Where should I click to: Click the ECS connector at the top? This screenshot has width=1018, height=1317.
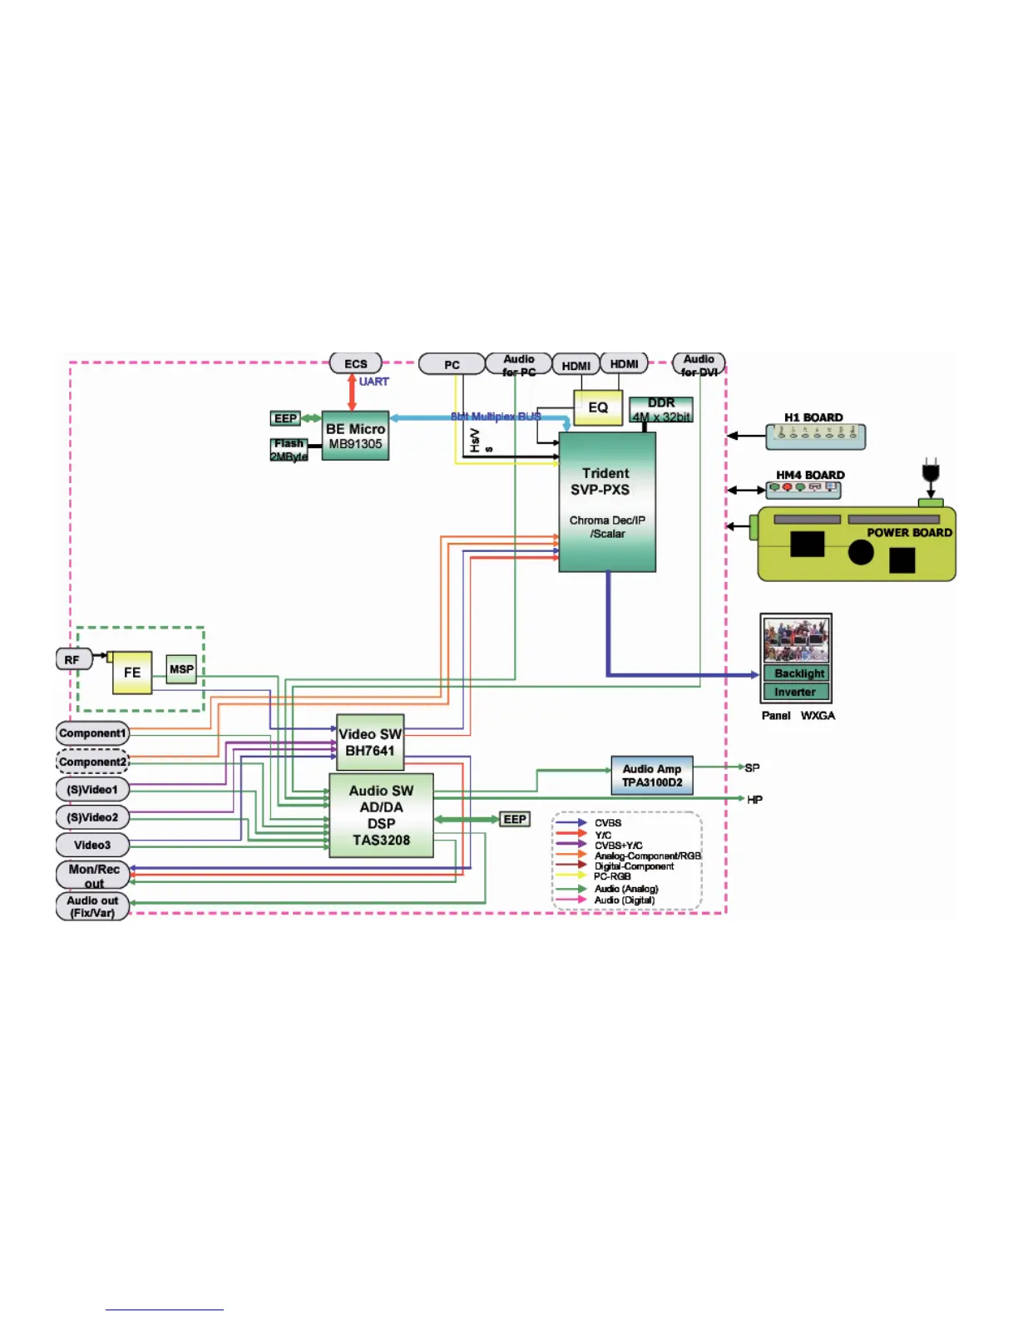(x=356, y=363)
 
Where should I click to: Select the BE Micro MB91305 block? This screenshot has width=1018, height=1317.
(x=355, y=437)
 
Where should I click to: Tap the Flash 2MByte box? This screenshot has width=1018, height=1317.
(x=289, y=450)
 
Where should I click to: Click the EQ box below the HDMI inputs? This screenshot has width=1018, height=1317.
(x=598, y=407)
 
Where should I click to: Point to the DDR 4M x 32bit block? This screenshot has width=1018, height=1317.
(x=661, y=410)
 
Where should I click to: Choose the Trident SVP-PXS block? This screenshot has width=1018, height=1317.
(x=607, y=501)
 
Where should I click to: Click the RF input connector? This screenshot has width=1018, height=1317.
(x=73, y=659)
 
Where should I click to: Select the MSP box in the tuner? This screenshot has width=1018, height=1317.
(x=181, y=669)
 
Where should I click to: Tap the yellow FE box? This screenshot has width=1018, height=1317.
(x=132, y=672)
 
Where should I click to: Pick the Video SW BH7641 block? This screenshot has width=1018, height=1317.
(x=370, y=742)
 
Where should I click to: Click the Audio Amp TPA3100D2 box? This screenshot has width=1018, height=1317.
(x=652, y=776)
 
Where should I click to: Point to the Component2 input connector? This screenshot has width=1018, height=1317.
(x=92, y=762)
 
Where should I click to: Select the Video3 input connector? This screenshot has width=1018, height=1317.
(x=92, y=845)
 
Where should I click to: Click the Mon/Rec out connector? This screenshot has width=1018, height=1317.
(x=93, y=876)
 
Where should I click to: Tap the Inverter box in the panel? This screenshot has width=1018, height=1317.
(x=796, y=692)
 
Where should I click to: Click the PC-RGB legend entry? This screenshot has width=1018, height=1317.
(x=612, y=876)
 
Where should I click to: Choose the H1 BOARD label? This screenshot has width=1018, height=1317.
(x=813, y=417)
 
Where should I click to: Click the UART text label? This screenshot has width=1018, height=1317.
(x=373, y=382)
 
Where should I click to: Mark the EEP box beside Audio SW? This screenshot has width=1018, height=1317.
(x=515, y=819)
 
